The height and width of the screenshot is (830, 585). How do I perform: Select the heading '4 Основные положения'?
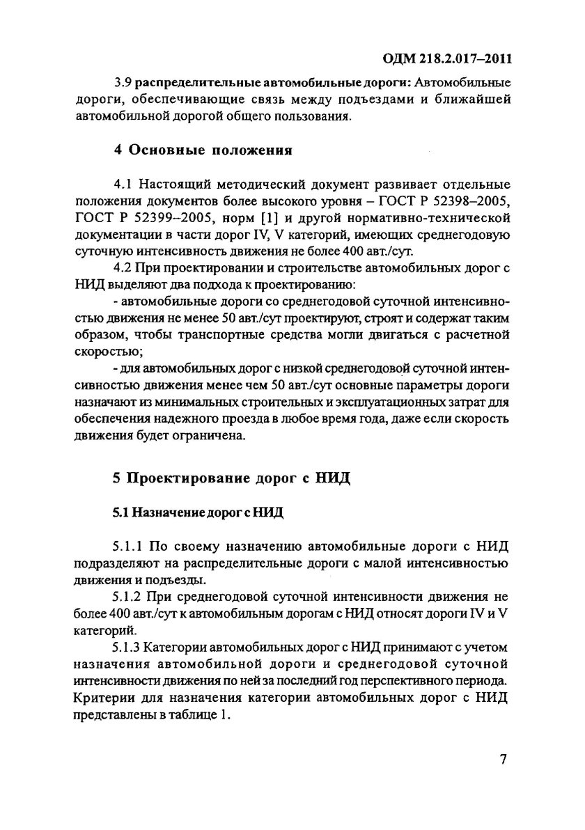click(x=202, y=150)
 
